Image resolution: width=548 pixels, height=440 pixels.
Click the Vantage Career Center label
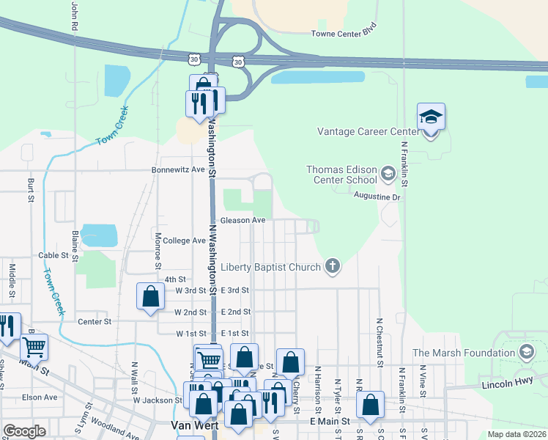pyautogui.click(x=367, y=132)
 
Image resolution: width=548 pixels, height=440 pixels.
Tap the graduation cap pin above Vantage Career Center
pyautogui.click(x=432, y=117)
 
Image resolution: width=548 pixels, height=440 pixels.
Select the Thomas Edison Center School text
pyautogui.click(x=342, y=175)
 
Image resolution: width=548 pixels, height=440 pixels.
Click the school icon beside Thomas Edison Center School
pyautogui.click(x=388, y=175)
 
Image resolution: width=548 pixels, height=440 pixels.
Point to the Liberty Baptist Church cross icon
pyautogui.click(x=333, y=266)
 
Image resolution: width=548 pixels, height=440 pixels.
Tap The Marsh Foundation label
pyautogui.click(x=464, y=353)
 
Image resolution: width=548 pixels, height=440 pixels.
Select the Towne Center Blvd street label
pyautogui.click(x=344, y=34)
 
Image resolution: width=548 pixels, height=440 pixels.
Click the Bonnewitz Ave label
pyautogui.click(x=178, y=169)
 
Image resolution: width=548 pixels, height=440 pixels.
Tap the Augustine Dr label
pyautogui.click(x=377, y=197)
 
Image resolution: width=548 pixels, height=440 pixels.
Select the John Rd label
pyautogui.click(x=75, y=15)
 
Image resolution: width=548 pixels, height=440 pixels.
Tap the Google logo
pyautogui.click(x=24, y=431)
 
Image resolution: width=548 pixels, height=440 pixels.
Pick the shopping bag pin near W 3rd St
pyautogui.click(x=150, y=296)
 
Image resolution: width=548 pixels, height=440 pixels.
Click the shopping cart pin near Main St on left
pyautogui.click(x=34, y=346)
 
